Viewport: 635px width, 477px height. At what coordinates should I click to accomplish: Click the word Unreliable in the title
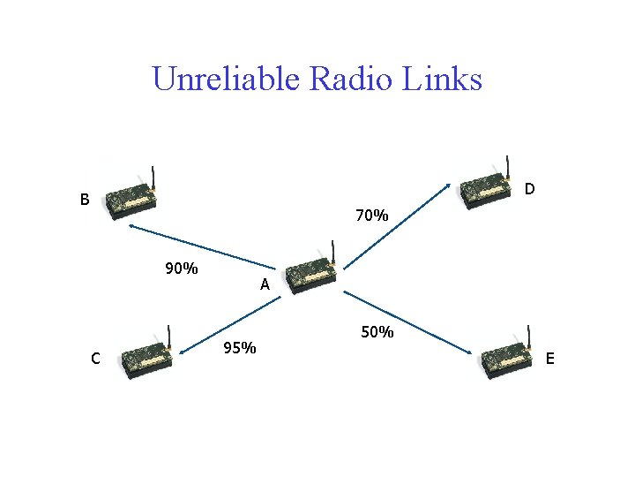[227, 79]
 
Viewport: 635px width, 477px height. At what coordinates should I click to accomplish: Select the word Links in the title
[442, 79]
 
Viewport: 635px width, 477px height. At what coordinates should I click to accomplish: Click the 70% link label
[371, 215]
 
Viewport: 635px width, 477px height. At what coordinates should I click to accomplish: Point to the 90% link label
[181, 269]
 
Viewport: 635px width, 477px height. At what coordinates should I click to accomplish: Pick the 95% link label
[240, 348]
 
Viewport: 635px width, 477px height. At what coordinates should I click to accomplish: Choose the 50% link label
[377, 333]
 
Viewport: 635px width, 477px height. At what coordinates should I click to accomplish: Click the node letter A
[265, 285]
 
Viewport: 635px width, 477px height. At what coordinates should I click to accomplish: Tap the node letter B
[85, 200]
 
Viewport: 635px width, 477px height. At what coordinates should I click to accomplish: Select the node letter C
[95, 358]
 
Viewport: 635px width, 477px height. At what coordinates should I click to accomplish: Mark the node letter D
[529, 189]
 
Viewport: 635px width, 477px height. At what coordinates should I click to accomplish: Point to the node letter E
[550, 358]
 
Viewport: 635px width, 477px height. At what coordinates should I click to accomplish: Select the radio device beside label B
[131, 199]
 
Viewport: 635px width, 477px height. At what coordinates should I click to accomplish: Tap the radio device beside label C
[146, 357]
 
